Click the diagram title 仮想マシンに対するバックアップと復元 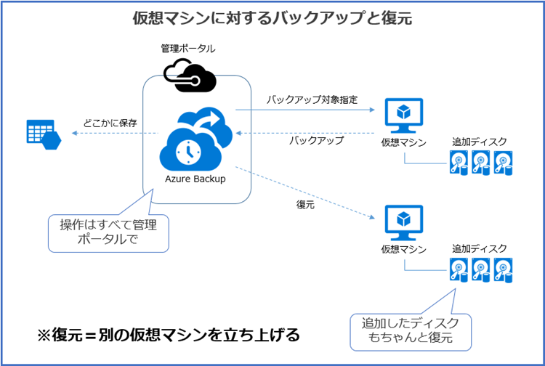[x=272, y=18]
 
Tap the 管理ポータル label [x=188, y=48]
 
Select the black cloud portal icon [x=190, y=76]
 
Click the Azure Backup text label [x=195, y=179]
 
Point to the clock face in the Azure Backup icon [x=188, y=152]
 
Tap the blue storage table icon [x=44, y=134]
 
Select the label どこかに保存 [x=110, y=123]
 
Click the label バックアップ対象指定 [x=312, y=99]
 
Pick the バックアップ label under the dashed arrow [x=316, y=140]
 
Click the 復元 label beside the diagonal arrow [x=305, y=205]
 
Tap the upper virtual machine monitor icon [x=403, y=115]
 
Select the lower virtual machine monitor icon [x=403, y=223]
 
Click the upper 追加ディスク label [x=480, y=142]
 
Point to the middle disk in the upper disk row [x=481, y=163]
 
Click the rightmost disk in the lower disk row [x=503, y=270]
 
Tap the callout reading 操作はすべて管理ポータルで [x=108, y=233]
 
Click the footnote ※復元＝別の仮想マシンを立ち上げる [x=169, y=335]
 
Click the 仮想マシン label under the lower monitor [x=403, y=249]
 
